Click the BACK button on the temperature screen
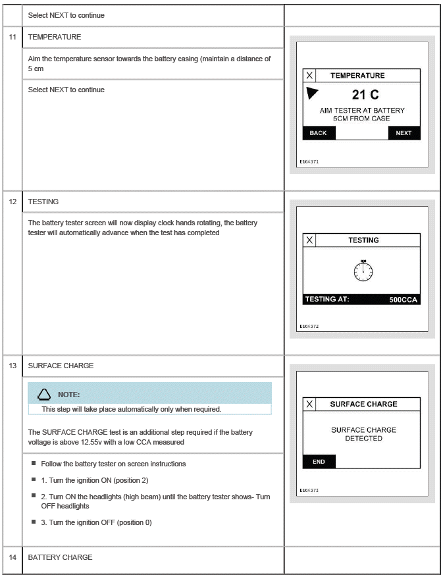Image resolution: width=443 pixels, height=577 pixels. [x=319, y=132]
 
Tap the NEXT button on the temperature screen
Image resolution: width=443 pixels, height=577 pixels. [x=404, y=132]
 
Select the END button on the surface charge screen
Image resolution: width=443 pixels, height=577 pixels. [x=319, y=462]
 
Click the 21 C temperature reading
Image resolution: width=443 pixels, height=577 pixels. [x=365, y=96]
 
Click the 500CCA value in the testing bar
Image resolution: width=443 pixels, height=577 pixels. [x=403, y=300]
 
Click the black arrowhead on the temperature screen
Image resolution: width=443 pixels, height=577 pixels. [x=313, y=94]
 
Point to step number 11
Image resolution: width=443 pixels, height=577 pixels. [x=13, y=37]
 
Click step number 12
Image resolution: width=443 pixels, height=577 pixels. [x=13, y=202]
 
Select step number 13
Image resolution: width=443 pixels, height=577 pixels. [x=13, y=366]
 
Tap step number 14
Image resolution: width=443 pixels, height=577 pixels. [x=13, y=557]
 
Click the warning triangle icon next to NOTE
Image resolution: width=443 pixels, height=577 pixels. [x=44, y=395]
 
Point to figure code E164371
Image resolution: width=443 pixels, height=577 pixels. [x=309, y=161]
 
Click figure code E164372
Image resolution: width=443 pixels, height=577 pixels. [x=309, y=325]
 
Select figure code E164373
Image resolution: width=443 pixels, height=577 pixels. [x=309, y=490]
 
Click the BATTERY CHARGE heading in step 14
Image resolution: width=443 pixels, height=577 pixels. [x=60, y=557]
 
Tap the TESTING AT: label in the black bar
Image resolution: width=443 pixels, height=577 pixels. [x=327, y=300]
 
